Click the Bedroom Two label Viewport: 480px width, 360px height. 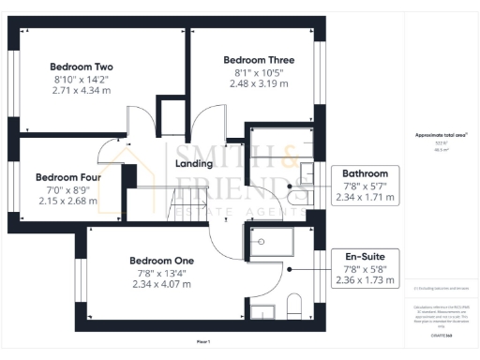[x=82, y=67]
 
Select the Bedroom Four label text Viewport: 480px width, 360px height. [x=67, y=176]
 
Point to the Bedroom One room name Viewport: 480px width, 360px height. [x=161, y=260]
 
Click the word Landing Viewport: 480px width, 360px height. [x=195, y=164]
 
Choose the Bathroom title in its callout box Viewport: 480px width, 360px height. [x=365, y=173]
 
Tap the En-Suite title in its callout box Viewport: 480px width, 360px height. [x=365, y=254]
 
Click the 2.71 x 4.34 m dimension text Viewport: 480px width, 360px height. [x=82, y=91]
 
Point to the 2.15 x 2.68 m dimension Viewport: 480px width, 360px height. [x=67, y=200]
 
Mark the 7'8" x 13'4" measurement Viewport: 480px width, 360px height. [x=161, y=273]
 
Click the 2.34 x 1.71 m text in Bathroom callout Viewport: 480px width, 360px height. [x=365, y=198]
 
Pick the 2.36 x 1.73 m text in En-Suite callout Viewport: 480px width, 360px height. [x=365, y=279]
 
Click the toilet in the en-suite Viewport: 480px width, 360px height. [x=292, y=305]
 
